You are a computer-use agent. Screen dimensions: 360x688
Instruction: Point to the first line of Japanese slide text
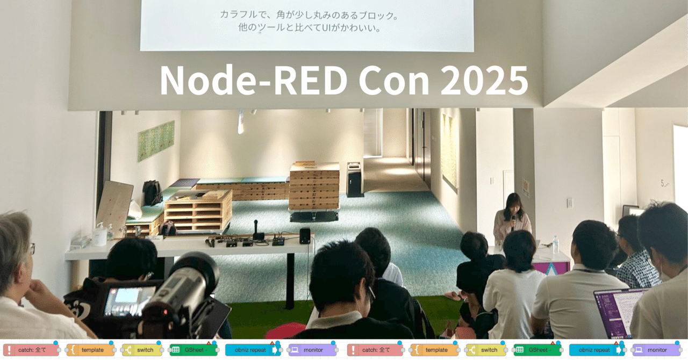click(x=311, y=15)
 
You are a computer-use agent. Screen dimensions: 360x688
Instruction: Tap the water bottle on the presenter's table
click(x=555, y=245)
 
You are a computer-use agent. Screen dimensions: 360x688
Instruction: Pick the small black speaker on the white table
click(x=305, y=235)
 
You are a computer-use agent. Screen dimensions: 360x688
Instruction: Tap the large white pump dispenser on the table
click(x=99, y=235)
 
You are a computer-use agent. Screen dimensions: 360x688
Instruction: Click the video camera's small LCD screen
click(x=123, y=301)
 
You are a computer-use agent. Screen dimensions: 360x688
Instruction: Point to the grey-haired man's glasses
click(x=31, y=248)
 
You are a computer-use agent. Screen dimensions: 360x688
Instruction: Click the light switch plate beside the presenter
click(x=569, y=203)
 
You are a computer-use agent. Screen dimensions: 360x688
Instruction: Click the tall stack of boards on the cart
click(x=314, y=187)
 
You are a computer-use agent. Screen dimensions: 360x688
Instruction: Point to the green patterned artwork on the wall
click(x=156, y=141)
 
